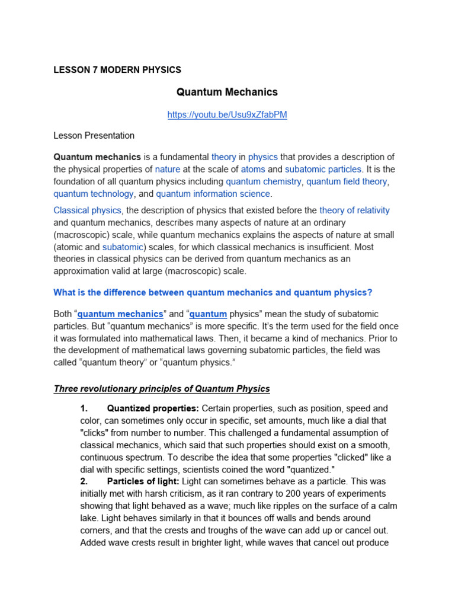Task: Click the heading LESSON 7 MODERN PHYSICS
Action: (x=117, y=70)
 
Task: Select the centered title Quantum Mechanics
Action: (x=227, y=92)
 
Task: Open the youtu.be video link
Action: (x=227, y=115)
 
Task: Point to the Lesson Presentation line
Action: (x=94, y=136)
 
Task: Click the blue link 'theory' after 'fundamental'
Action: (x=223, y=157)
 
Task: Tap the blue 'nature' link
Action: (x=168, y=169)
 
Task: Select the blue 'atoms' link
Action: (x=253, y=169)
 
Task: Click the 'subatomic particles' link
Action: (x=323, y=169)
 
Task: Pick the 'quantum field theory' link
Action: (x=348, y=181)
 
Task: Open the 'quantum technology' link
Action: (x=94, y=194)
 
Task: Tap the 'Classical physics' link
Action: (x=87, y=210)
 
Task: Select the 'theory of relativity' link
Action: (x=354, y=210)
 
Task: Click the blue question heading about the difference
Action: (x=213, y=292)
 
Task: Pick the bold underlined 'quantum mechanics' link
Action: (x=120, y=314)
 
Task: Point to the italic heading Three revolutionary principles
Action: (x=162, y=389)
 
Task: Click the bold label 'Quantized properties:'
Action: (x=153, y=408)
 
